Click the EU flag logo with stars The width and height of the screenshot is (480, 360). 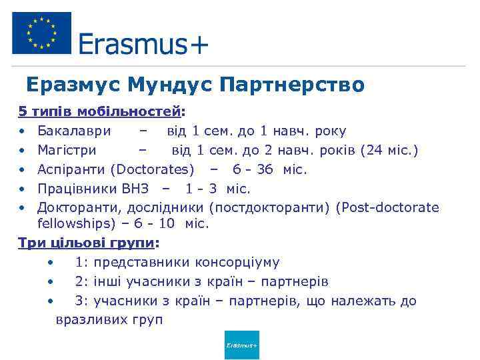click(41, 33)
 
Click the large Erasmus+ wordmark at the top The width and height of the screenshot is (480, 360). click(143, 45)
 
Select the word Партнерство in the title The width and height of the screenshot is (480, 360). click(292, 85)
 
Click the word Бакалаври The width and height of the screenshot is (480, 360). click(75, 131)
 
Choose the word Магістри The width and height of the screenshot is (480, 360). click(67, 150)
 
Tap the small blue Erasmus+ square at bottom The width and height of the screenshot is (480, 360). click(241, 345)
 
